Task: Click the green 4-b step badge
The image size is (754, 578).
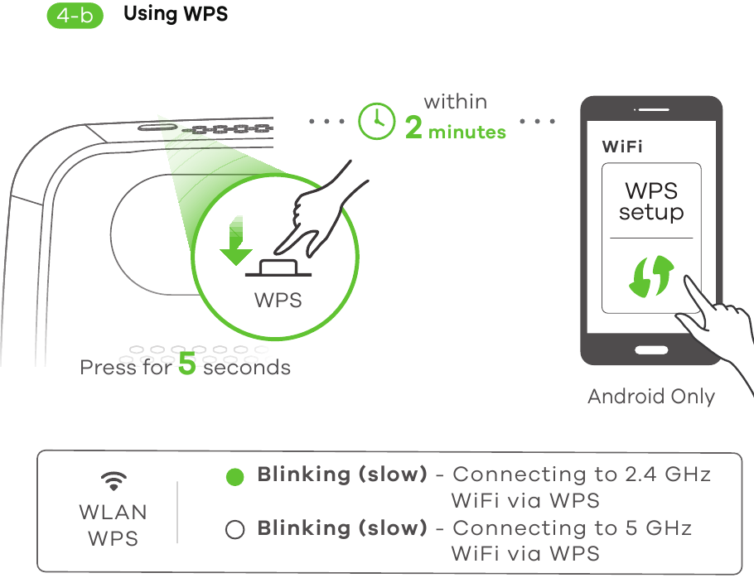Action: pos(75,16)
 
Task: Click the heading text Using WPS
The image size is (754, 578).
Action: pos(175,15)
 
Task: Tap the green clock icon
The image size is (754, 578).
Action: pos(377,121)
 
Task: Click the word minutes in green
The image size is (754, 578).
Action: pos(466,132)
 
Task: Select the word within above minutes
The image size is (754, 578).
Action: pos(455,102)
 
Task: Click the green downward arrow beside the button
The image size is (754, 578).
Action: pos(236,240)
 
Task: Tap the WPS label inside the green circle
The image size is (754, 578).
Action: pos(278,300)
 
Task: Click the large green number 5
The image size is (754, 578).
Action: pos(187,365)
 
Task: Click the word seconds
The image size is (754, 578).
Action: pos(247,367)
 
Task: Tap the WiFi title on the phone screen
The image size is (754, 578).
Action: pos(621,147)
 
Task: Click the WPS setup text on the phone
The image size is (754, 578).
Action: pos(651,201)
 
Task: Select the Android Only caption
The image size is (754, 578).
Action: pos(650,397)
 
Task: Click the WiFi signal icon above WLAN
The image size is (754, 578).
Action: pos(114,480)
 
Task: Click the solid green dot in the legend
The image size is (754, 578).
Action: pos(235,477)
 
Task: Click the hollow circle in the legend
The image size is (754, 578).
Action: pos(235,530)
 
